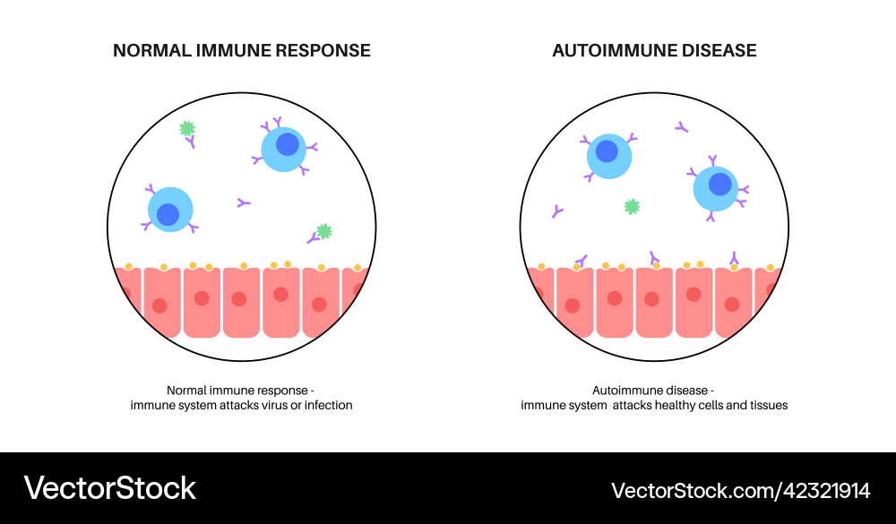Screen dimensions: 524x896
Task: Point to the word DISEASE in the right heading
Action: click(718, 51)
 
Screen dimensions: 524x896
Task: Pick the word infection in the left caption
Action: click(326, 405)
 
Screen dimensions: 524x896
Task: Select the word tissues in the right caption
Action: click(767, 405)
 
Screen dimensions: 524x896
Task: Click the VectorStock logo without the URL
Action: click(110, 488)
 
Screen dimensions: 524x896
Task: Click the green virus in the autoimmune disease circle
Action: click(632, 207)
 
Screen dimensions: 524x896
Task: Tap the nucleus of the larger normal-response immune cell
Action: click(288, 143)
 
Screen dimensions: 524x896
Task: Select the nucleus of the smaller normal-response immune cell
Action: click(168, 214)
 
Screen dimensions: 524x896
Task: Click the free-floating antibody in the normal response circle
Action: click(243, 203)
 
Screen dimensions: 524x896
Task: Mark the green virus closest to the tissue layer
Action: click(323, 231)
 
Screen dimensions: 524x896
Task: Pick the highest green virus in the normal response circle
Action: click(187, 129)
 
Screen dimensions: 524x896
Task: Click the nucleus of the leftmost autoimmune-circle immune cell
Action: click(607, 151)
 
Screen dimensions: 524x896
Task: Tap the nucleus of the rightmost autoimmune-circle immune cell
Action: click(719, 184)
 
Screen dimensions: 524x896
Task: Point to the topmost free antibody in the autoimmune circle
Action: click(682, 128)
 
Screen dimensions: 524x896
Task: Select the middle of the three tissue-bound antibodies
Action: click(653, 257)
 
